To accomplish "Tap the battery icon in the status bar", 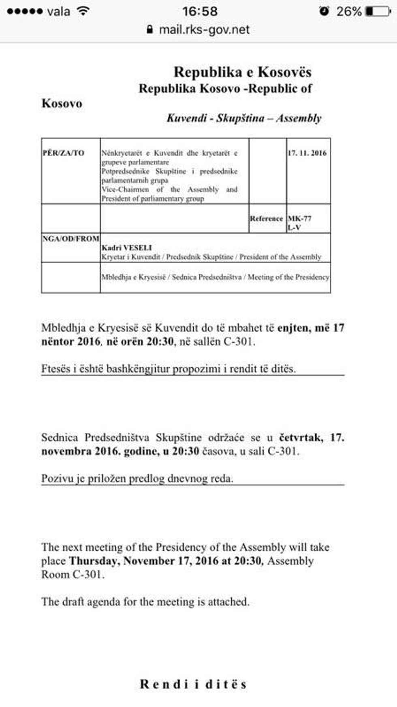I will [x=378, y=11].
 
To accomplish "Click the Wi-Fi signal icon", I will [x=83, y=11].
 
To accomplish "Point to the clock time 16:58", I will [x=200, y=11].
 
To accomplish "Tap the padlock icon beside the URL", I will [x=150, y=29].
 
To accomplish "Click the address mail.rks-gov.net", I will [x=204, y=29].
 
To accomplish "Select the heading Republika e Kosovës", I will [x=242, y=72].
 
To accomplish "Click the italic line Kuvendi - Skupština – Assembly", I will [x=244, y=118].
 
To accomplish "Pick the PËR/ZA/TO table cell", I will [x=64, y=153].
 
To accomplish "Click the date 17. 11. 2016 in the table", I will [x=307, y=153].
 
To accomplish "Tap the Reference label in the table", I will [x=266, y=219].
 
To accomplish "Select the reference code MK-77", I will [x=300, y=219].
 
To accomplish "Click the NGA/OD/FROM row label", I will [x=71, y=239].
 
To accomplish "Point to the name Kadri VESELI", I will [x=127, y=248].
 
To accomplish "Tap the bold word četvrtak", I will [x=301, y=437].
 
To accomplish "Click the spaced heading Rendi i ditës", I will [x=193, y=684].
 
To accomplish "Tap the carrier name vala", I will [x=58, y=11].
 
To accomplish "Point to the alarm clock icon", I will [x=324, y=11].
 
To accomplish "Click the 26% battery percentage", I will [x=349, y=11].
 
